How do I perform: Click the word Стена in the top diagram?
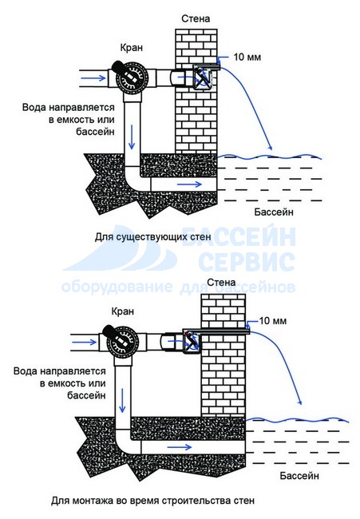(196, 18)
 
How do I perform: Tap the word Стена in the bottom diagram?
(221, 283)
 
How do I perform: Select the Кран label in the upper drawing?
(132, 48)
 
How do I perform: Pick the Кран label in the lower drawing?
(123, 311)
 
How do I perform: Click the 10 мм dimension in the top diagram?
(247, 57)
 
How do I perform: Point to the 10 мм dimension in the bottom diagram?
(273, 321)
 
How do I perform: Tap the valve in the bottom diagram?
(122, 342)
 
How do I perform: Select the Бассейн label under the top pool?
(274, 212)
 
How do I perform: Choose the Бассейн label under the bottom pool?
(299, 476)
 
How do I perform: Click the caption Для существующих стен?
(153, 237)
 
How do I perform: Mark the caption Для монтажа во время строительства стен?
(153, 501)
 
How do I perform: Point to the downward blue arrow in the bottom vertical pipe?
(123, 400)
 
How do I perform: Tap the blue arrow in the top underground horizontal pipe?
(189, 184)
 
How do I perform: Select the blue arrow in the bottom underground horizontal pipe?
(180, 447)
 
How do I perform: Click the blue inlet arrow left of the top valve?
(93, 78)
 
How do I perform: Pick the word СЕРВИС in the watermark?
(247, 261)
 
